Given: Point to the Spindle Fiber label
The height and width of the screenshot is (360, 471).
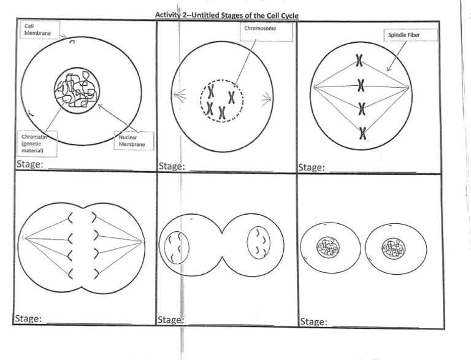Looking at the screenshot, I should tap(410, 35).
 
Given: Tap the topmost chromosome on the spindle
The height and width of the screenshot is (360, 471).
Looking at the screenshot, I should tap(361, 61).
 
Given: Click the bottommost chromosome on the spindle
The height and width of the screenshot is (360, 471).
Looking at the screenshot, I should tap(362, 132).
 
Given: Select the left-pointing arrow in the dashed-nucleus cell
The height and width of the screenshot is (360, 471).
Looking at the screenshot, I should tap(178, 95).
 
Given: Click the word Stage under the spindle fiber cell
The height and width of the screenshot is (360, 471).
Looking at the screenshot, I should tap(312, 167).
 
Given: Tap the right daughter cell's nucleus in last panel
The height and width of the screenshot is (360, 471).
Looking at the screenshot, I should tap(392, 249).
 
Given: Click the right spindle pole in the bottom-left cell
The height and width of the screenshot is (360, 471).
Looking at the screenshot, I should tap(143, 242).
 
